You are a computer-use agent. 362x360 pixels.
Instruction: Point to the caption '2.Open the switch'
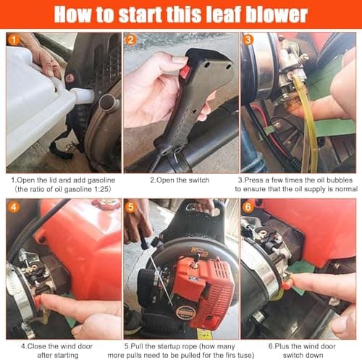[180, 179]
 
